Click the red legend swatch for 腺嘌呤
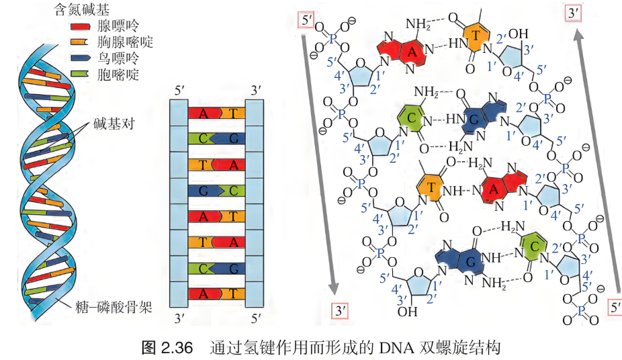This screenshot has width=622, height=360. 80,27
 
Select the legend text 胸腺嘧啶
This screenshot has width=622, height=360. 125,42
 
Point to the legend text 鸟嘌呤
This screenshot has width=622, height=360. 118,58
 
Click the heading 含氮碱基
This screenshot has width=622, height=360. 81,9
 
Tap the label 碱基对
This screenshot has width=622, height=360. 114,124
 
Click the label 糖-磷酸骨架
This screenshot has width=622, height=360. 114,307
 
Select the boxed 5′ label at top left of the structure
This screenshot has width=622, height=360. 307,20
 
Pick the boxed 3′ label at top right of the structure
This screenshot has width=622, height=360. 573,13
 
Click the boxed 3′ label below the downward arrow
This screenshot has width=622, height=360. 341,310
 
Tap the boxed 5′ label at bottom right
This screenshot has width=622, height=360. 615,308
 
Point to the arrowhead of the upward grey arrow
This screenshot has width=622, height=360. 580,37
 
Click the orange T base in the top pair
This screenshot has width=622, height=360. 475,36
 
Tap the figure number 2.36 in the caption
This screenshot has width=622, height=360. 177,348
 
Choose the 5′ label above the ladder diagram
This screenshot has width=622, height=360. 180,91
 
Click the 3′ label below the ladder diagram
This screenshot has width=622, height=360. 180,318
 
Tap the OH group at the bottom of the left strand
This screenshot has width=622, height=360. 408,312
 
